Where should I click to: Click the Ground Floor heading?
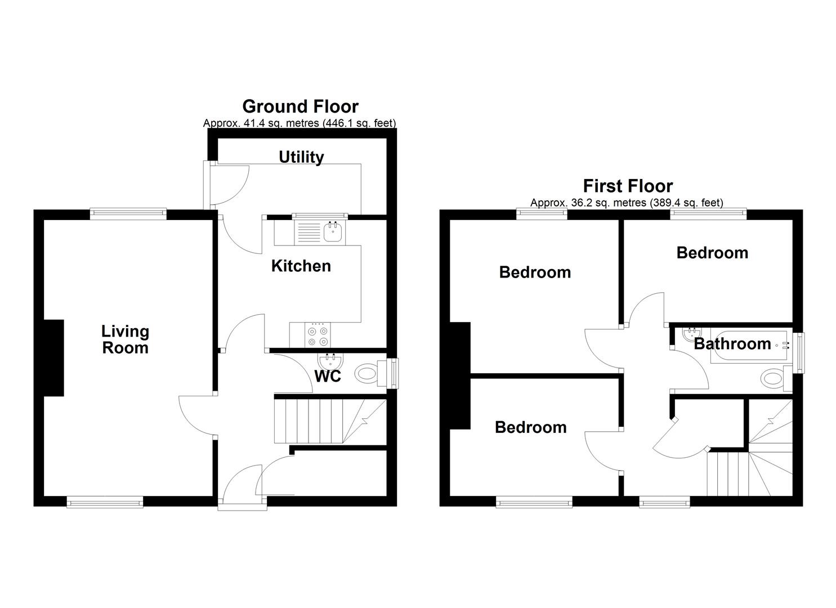pyautogui.click(x=300, y=106)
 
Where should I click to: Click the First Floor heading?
pyautogui.click(x=628, y=186)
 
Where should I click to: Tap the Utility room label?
pyautogui.click(x=301, y=157)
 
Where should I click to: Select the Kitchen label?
pyautogui.click(x=301, y=266)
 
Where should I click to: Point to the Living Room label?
pyautogui.click(x=125, y=339)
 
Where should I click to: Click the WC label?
pyautogui.click(x=328, y=376)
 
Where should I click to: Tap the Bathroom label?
pyautogui.click(x=732, y=343)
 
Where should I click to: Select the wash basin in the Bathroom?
pyautogui.click(x=689, y=334)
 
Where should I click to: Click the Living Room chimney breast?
pyautogui.click(x=53, y=359)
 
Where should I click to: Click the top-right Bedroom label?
pyautogui.click(x=712, y=253)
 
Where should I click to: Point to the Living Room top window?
pyautogui.click(x=128, y=213)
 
